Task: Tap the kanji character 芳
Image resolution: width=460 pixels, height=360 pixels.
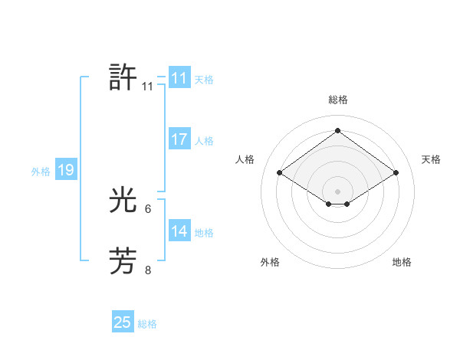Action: pyautogui.click(x=123, y=260)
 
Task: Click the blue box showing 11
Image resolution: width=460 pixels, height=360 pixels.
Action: pyautogui.click(x=179, y=78)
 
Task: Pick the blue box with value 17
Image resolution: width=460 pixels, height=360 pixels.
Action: pyautogui.click(x=179, y=139)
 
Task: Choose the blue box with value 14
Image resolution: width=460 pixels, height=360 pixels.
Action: pyautogui.click(x=179, y=231)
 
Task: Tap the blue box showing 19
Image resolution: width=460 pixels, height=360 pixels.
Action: pyautogui.click(x=66, y=170)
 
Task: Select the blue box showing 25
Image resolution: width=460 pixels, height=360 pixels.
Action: pyautogui.click(x=123, y=322)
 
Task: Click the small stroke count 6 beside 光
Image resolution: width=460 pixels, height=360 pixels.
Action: pyautogui.click(x=148, y=208)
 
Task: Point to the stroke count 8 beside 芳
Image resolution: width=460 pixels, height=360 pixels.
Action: pyautogui.click(x=148, y=269)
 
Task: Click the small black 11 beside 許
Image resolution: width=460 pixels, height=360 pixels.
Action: pyautogui.click(x=148, y=87)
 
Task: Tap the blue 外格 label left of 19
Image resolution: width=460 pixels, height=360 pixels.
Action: pyautogui.click(x=41, y=172)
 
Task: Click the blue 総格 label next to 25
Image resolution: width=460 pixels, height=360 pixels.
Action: pyautogui.click(x=147, y=324)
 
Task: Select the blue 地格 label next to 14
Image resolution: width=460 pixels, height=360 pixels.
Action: pyautogui.click(x=204, y=233)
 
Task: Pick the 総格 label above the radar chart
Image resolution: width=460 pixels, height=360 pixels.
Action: pyautogui.click(x=337, y=100)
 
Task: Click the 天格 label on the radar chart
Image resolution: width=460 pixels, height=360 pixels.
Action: pyautogui.click(x=431, y=159)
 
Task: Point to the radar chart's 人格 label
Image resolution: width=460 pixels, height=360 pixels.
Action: pyautogui.click(x=245, y=159)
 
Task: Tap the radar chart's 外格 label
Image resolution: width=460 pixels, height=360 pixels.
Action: pyautogui.click(x=270, y=262)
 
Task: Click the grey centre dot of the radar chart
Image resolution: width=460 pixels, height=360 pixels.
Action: pyautogui.click(x=337, y=190)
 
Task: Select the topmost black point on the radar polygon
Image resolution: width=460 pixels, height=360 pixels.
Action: pyautogui.click(x=337, y=130)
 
